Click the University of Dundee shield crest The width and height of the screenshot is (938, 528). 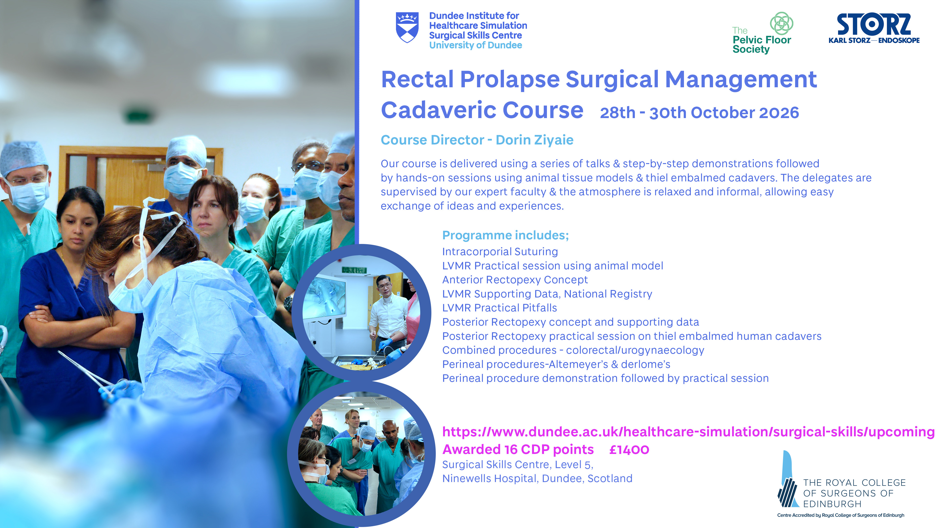(x=407, y=28)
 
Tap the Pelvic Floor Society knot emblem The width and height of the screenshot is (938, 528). (x=781, y=23)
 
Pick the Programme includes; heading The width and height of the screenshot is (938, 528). (x=505, y=235)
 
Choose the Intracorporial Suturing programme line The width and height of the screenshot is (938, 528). (x=500, y=252)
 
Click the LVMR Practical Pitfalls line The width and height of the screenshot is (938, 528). (x=500, y=308)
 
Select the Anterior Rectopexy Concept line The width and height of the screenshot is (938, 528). (x=515, y=280)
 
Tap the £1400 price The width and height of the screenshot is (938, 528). (x=629, y=450)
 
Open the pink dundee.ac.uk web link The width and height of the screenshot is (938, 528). (x=688, y=432)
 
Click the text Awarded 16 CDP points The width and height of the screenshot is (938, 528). (x=518, y=450)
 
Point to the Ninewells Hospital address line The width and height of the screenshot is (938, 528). (x=537, y=478)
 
